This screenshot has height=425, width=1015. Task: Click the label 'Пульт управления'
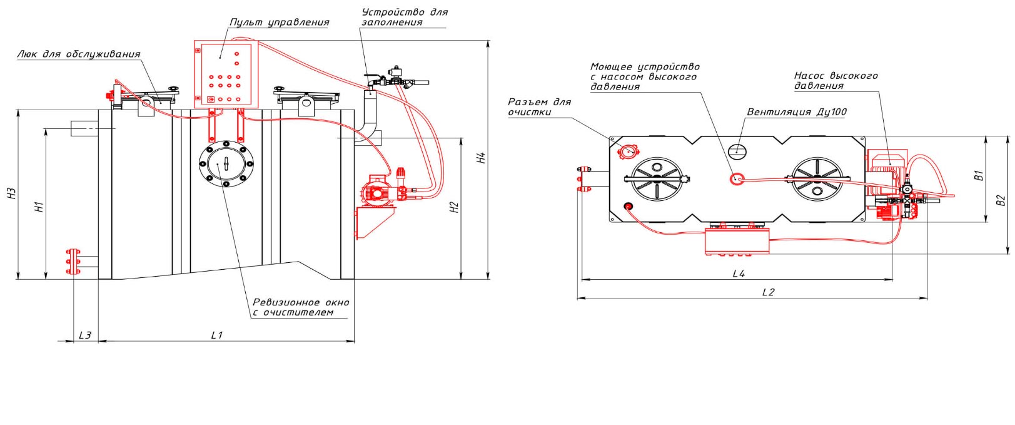[x=279, y=23]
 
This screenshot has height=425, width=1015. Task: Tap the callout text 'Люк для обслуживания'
[x=79, y=54]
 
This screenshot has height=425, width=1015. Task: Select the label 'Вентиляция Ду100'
[x=797, y=113]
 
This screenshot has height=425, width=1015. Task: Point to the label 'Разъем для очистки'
[x=538, y=107]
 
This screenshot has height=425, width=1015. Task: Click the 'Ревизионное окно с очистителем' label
[x=301, y=307]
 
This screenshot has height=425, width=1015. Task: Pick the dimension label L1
[x=216, y=335]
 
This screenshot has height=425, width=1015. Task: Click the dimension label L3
[x=85, y=335]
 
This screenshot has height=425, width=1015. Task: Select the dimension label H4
[x=481, y=158]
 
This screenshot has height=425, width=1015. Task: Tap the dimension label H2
[x=455, y=207]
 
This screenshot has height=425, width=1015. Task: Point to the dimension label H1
[x=39, y=207]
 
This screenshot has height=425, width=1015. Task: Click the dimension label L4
[x=739, y=274]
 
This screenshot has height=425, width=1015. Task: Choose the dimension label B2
[x=1001, y=200]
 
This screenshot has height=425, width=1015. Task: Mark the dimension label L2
[x=768, y=292]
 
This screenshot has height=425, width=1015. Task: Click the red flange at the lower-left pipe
[x=72, y=262]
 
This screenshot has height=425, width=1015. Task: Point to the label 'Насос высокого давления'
[x=836, y=81]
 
